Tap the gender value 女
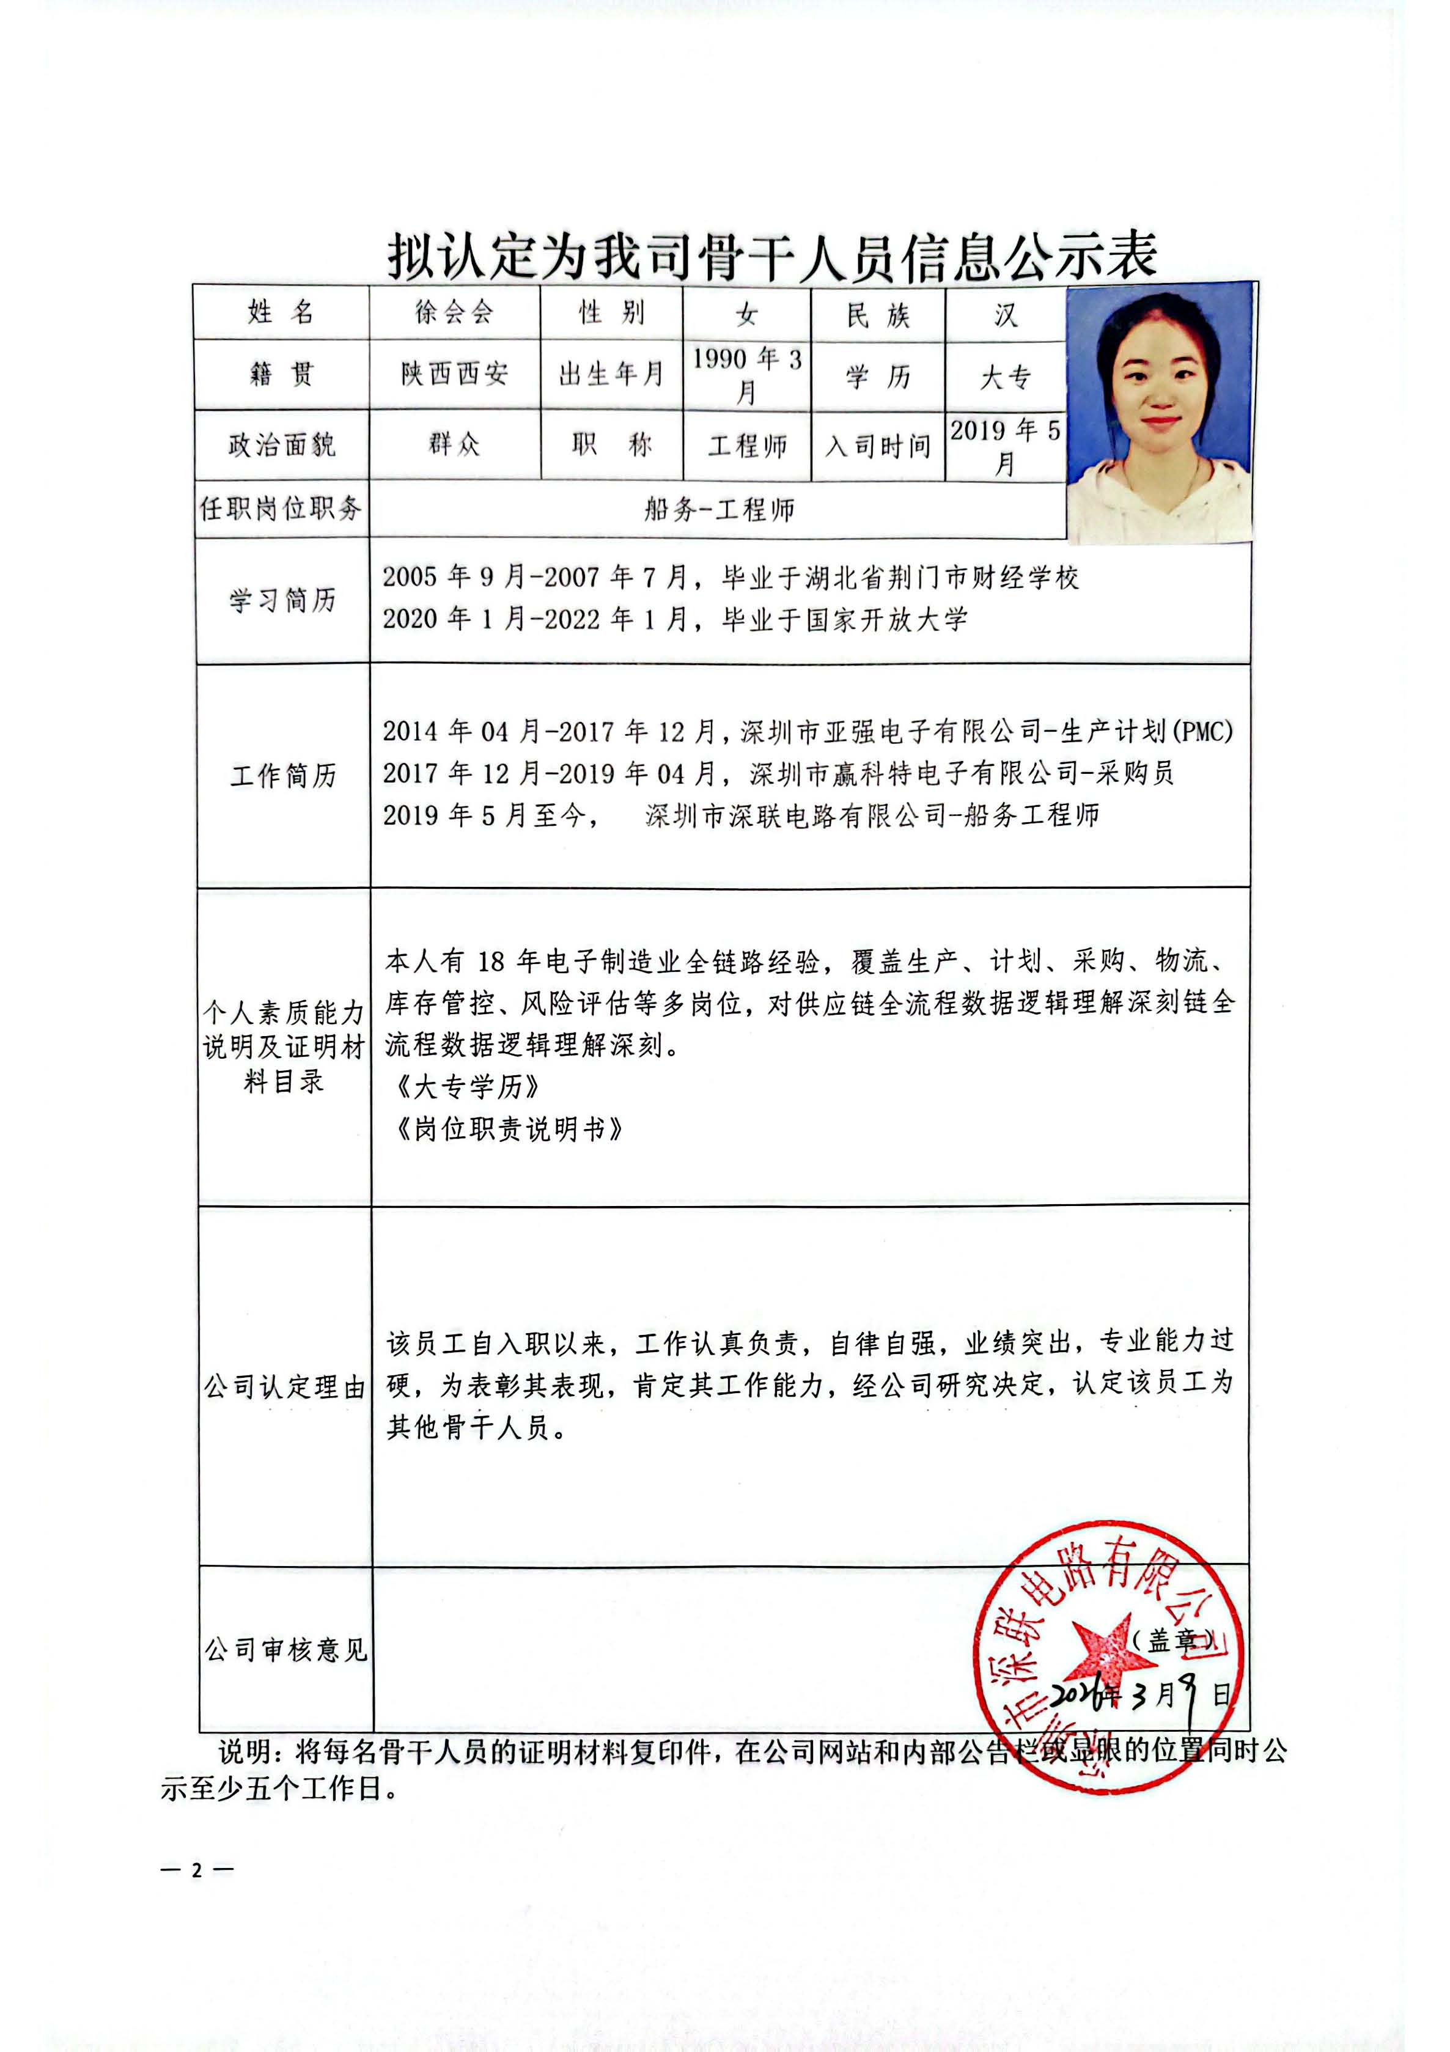[746, 314]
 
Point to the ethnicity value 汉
[1006, 315]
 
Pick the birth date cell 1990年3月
[746, 375]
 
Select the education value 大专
[1006, 377]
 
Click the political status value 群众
[454, 444]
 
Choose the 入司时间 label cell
[877, 446]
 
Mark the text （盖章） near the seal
[1171, 1640]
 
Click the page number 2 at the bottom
[197, 1870]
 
